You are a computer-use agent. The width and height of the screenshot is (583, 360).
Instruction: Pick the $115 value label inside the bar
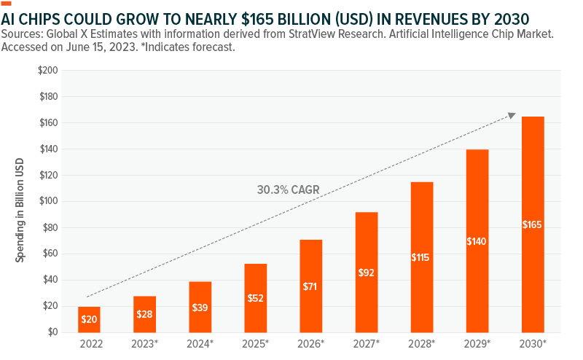coord(422,257)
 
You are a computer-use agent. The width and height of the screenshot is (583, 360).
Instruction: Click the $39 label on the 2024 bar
coord(200,308)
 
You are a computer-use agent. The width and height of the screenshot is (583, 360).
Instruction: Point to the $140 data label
coord(477,241)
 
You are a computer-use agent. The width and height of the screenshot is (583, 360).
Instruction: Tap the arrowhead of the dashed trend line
coord(512,114)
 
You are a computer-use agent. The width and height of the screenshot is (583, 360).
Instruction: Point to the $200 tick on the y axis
coord(49,71)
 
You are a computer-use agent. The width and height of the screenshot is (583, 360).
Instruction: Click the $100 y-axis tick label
coord(49,202)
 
